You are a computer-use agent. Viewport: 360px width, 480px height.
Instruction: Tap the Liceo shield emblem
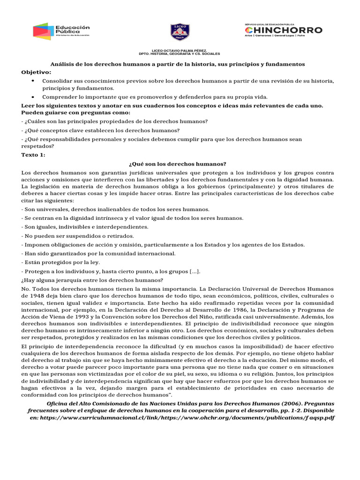pos(180,32)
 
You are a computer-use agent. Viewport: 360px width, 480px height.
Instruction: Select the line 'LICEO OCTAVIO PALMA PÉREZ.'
pos(180,50)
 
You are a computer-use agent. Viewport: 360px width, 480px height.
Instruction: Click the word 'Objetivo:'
pos(37,72)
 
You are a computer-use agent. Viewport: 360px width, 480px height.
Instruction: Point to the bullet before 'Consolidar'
pos(32,81)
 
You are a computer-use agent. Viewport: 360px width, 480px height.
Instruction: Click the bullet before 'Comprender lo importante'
pos(32,97)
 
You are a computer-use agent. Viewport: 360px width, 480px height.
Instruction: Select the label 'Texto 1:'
pos(34,155)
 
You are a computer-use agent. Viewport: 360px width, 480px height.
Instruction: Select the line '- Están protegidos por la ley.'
pos(60,262)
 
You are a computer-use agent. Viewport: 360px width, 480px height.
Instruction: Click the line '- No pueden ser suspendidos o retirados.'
pos(77,236)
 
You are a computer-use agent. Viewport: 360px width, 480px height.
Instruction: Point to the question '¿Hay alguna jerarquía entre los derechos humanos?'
pos(92,280)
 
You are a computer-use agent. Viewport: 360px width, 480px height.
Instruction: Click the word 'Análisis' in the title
pos(62,64)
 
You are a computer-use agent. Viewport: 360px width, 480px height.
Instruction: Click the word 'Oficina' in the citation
pos(59,403)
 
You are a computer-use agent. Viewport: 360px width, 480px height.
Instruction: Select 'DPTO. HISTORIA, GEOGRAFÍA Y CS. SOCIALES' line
pos(180,54)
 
